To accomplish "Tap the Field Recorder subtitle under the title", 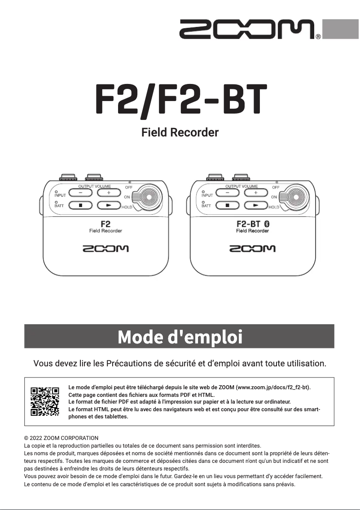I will (180, 133).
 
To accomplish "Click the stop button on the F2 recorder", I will (81, 206).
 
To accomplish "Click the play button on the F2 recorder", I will (109, 206).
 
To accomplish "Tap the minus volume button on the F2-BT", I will (228, 193).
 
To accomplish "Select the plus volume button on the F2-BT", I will (256, 193).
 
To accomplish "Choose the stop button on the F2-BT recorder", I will (228, 206).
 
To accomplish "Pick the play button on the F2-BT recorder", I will (256, 206).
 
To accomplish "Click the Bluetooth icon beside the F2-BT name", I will (266, 223).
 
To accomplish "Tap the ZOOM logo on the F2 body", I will (105, 249).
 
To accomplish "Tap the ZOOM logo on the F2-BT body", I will (252, 249).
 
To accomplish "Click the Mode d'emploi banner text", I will (180, 337).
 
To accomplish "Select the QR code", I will (45, 401).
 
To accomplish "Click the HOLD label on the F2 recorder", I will (127, 207).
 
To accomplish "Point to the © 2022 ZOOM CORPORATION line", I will (61, 438).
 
